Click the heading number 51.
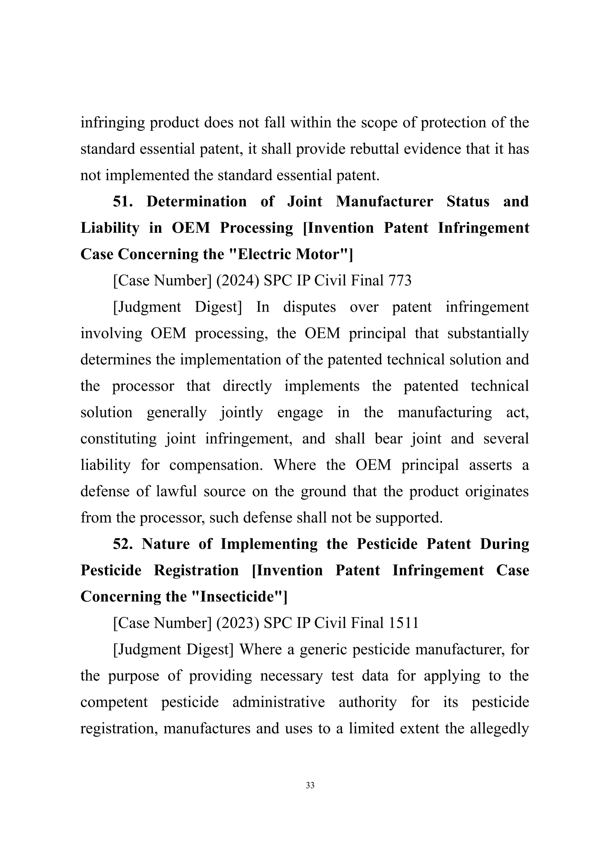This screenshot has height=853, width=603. (x=122, y=202)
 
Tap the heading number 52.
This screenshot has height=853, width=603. (x=122, y=544)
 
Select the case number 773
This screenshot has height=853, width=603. (x=400, y=281)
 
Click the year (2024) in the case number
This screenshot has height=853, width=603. (x=238, y=281)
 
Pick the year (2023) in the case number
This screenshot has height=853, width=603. (x=238, y=623)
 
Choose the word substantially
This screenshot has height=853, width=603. (x=488, y=333)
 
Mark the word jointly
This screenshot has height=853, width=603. (x=242, y=413)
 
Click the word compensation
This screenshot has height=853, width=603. (x=216, y=465)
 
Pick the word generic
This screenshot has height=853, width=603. (x=323, y=650)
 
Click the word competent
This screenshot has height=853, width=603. (x=114, y=703)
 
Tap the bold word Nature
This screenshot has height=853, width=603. (x=166, y=544)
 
